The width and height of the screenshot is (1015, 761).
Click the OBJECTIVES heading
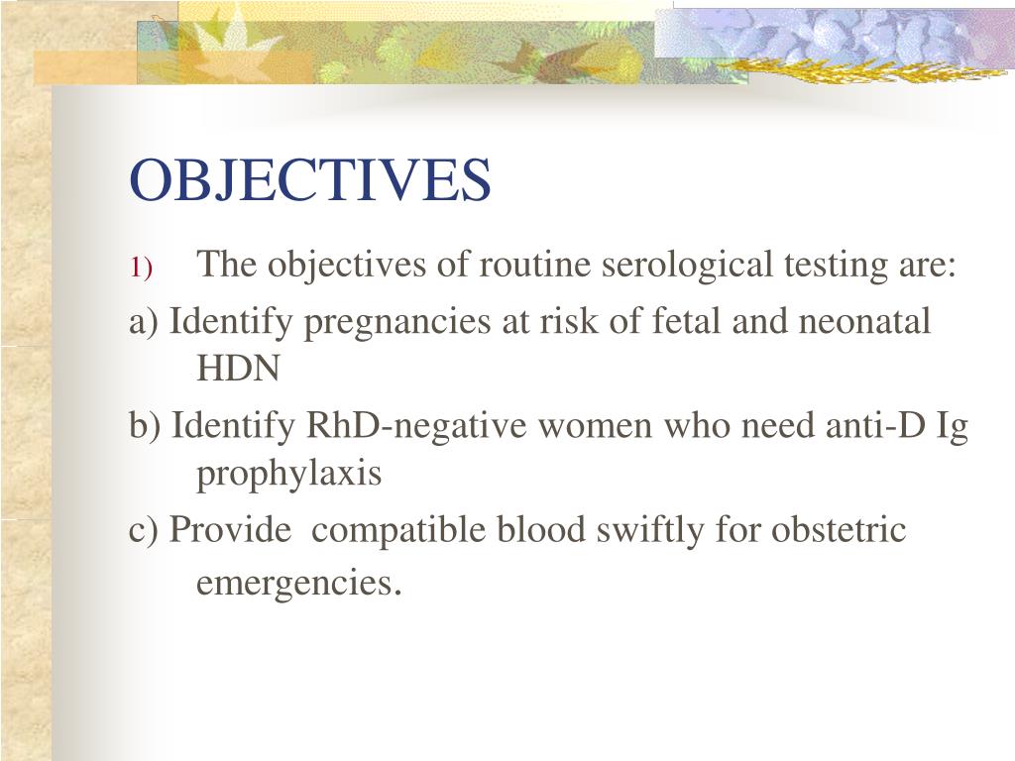pyautogui.click(x=310, y=179)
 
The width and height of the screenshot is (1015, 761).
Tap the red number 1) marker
pyautogui.click(x=140, y=269)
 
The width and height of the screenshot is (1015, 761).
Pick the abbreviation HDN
pyautogui.click(x=238, y=370)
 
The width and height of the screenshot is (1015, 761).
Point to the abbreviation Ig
pyautogui.click(x=953, y=428)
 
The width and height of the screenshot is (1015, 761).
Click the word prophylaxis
pyautogui.click(x=288, y=476)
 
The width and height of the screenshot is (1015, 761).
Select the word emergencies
pyautogui.click(x=298, y=585)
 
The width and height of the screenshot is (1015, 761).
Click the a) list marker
pyautogui.click(x=144, y=322)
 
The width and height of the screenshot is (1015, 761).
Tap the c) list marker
pyautogui.click(x=144, y=530)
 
